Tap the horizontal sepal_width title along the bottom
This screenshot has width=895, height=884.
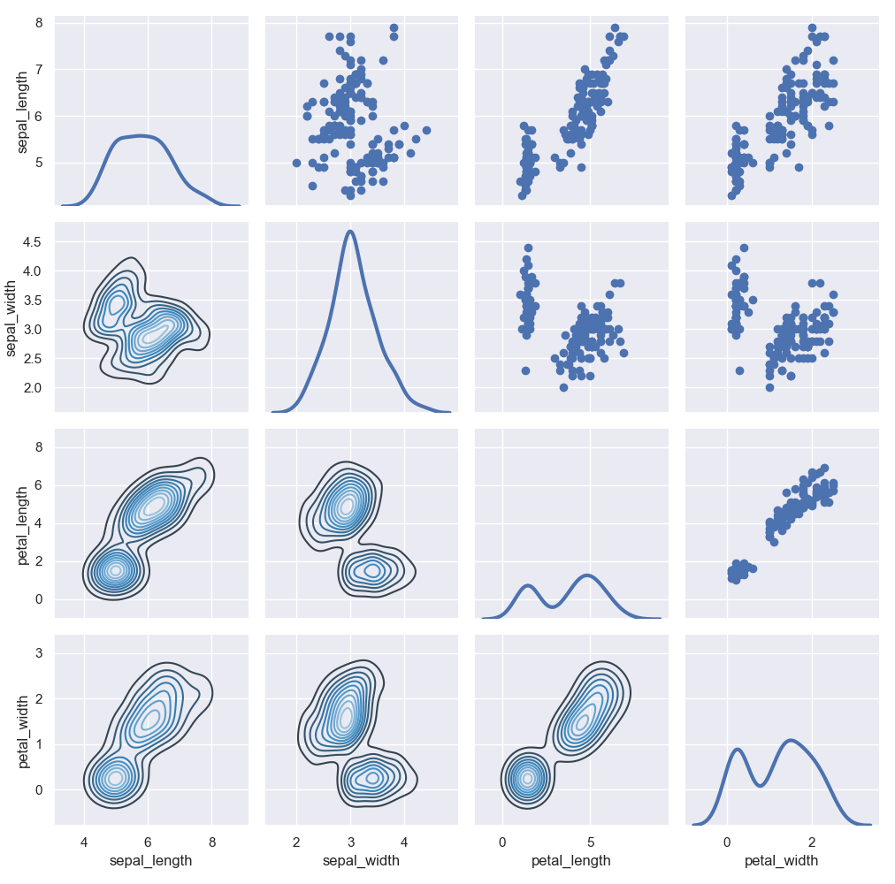pos(351,860)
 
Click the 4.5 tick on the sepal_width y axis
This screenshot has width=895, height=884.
pos(34,241)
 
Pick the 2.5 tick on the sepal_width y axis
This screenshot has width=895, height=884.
pos(34,358)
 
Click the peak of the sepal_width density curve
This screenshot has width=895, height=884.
pos(351,232)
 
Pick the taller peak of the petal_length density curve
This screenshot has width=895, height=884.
pos(587,575)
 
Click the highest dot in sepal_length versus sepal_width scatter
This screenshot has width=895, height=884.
pos(394,27)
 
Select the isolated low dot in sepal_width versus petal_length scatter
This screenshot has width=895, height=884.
pos(525,370)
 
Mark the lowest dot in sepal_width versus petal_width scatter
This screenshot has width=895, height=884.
pos(769,387)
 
